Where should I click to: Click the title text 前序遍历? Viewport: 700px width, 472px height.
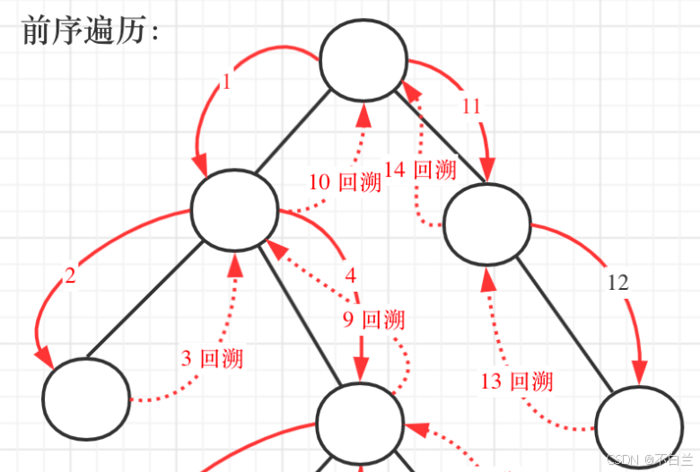pyautogui.click(x=90, y=31)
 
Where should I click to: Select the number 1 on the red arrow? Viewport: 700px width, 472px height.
pyautogui.click(x=226, y=83)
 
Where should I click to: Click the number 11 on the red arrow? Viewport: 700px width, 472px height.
pyautogui.click(x=472, y=106)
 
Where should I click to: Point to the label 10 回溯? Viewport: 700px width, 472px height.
pyautogui.click(x=345, y=182)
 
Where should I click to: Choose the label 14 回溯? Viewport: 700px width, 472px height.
pyautogui.click(x=420, y=170)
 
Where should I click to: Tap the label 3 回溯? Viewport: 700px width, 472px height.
pyautogui.click(x=212, y=358)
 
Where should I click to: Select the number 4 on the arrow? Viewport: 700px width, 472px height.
pyautogui.click(x=351, y=275)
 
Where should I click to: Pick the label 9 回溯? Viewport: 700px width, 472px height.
pyautogui.click(x=372, y=319)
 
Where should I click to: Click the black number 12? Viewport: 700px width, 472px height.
pyautogui.click(x=617, y=284)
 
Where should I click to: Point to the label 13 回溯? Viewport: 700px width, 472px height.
pyautogui.click(x=516, y=381)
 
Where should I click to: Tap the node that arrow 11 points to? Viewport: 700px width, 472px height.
pyautogui.click(x=487, y=224)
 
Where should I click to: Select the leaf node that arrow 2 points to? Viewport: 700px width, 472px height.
pyautogui.click(x=87, y=400)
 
